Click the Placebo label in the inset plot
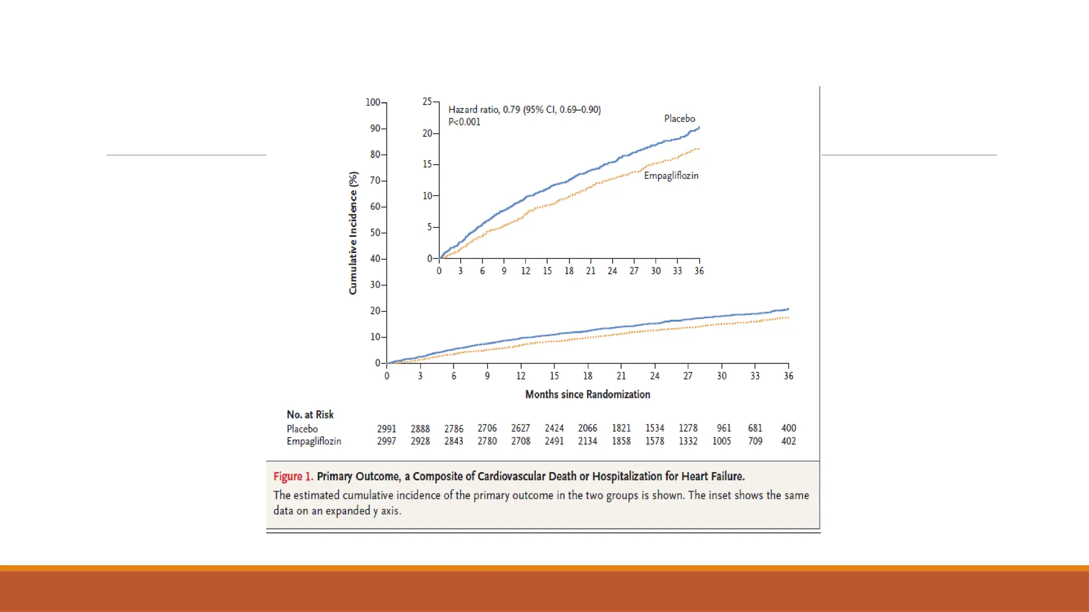[x=679, y=118]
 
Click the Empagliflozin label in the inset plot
[x=671, y=175]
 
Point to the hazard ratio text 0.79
[x=511, y=109]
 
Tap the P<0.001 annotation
[x=464, y=122]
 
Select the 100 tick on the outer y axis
[x=373, y=102]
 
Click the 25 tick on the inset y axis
[x=427, y=101]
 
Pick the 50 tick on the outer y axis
[x=375, y=233]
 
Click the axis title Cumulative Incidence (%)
[x=353, y=233]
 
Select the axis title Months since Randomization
[x=588, y=394]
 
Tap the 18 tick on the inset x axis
[x=569, y=270]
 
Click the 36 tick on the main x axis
[x=788, y=376]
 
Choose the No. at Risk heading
[x=310, y=414]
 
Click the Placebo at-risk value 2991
[x=387, y=429]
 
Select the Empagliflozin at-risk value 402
[x=788, y=441]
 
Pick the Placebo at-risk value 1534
[x=655, y=428]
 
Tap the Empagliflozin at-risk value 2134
[x=588, y=441]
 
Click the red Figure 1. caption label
[x=293, y=476]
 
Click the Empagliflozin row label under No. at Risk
[x=314, y=441]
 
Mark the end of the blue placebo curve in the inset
[x=699, y=127]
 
